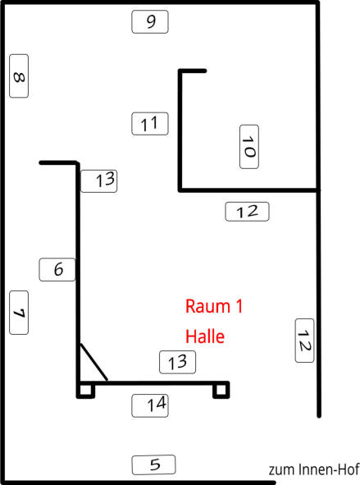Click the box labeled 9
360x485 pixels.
(150, 21)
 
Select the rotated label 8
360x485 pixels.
(19, 76)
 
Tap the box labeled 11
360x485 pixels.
(150, 124)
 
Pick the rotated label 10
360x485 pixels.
(249, 147)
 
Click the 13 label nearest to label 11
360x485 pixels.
(99, 181)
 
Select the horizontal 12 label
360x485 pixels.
(247, 212)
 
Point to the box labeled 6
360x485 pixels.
(57, 269)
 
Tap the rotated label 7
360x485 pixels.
(19, 313)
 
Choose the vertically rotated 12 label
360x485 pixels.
(305, 341)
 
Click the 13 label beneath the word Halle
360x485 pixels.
(177, 362)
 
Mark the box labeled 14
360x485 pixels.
(150, 405)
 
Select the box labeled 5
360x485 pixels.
(153, 465)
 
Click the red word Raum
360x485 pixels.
(207, 306)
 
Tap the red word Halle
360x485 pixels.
(205, 336)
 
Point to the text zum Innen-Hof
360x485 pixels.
(314, 469)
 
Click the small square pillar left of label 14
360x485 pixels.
(85, 391)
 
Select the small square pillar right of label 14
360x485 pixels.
(221, 390)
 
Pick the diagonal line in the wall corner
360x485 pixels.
(94, 362)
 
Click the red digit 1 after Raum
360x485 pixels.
(239, 306)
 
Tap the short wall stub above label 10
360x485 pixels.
(193, 71)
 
